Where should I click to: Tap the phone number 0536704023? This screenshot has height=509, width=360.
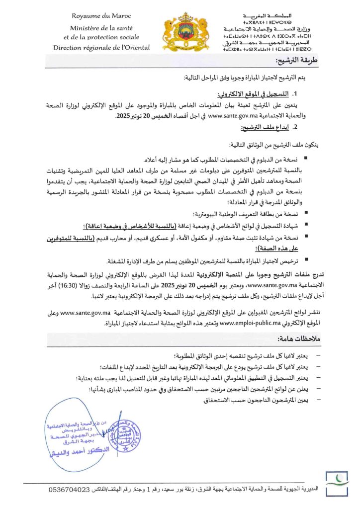tap(70, 490)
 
